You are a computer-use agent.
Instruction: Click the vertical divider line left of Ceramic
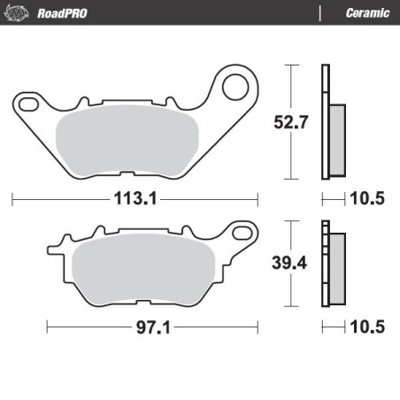coord(319,12)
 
